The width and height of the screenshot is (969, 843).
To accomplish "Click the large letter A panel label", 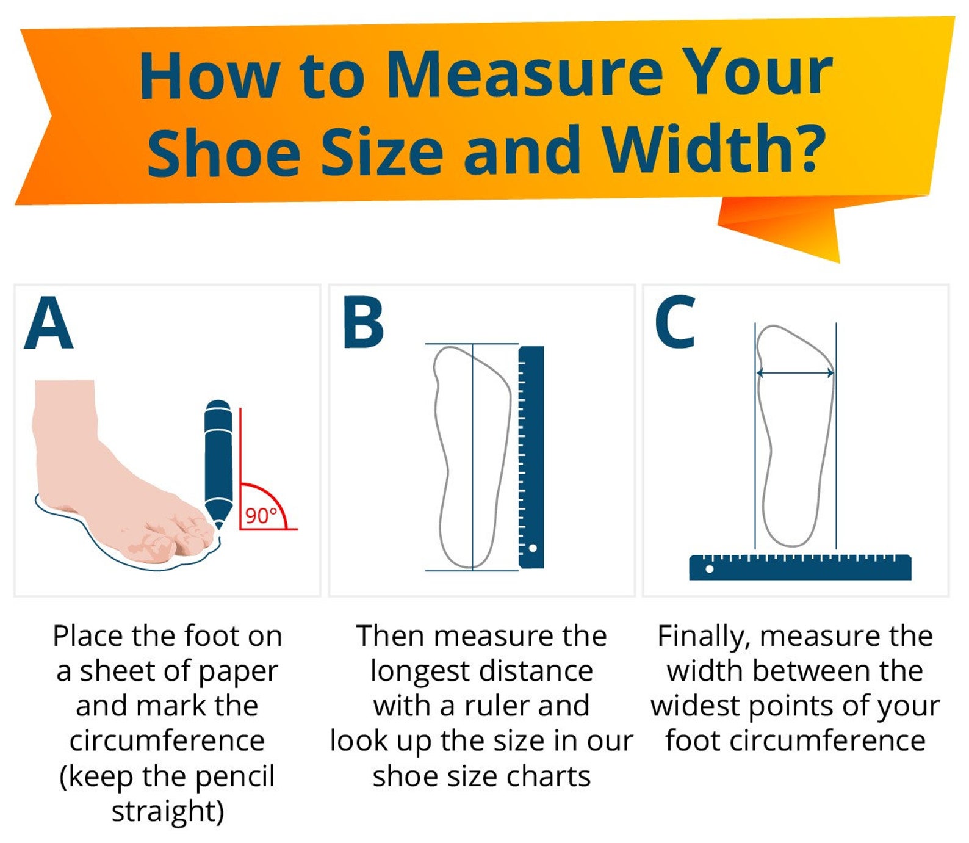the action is click(49, 323).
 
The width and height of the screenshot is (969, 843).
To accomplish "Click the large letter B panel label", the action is click(363, 323).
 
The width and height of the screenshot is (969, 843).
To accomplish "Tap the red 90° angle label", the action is click(261, 516).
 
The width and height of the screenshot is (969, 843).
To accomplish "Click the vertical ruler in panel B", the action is click(531, 457).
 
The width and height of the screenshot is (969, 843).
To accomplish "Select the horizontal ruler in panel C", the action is click(800, 567).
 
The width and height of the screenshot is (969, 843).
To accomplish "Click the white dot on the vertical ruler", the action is click(533, 548).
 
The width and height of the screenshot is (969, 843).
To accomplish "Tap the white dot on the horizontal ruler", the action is click(710, 569).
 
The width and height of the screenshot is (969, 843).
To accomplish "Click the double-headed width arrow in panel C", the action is click(795, 373).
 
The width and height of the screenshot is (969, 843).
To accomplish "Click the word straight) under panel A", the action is click(168, 811).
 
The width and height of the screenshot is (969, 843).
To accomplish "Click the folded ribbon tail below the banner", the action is click(793, 226).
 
